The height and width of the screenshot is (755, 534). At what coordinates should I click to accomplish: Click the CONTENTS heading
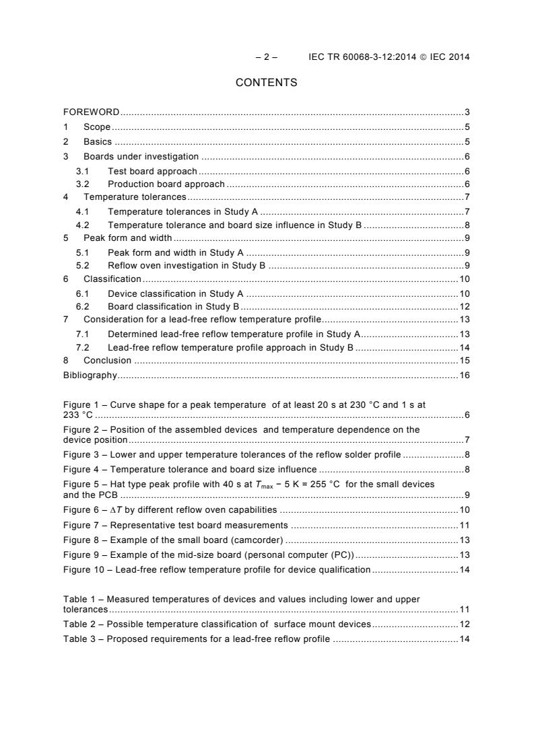tap(266, 83)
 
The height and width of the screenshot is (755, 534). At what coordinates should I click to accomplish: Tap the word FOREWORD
tap(92, 112)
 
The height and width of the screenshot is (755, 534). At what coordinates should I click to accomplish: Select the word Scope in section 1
tap(96, 127)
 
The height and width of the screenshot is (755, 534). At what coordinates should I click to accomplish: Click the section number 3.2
tap(82, 184)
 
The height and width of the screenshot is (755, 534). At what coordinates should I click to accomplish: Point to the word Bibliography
tap(90, 375)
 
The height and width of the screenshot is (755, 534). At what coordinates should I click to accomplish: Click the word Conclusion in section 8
tap(108, 360)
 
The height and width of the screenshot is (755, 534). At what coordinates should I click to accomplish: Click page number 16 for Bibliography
tap(464, 375)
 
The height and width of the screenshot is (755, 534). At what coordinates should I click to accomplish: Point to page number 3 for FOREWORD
tap(467, 112)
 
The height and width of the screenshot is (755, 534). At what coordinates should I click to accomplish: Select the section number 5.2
tap(82, 266)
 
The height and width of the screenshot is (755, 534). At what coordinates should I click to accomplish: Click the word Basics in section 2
tap(98, 142)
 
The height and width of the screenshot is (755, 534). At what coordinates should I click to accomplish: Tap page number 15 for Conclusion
tap(464, 360)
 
